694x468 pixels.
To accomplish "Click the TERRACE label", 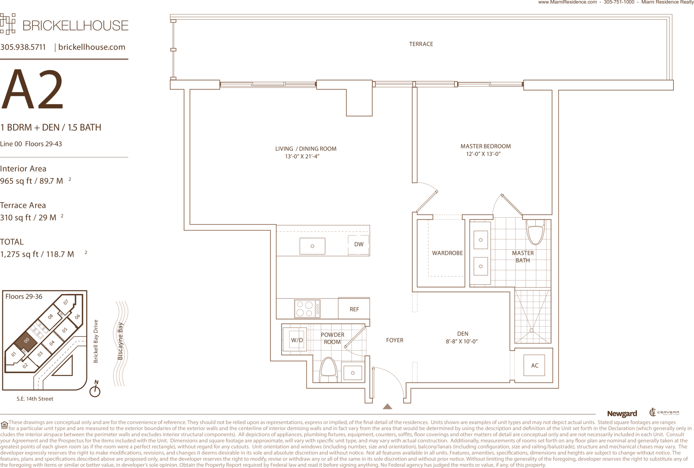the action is (x=421, y=44).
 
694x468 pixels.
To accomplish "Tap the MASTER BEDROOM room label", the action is (x=485, y=146).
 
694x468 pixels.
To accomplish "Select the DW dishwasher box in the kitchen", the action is (x=359, y=244).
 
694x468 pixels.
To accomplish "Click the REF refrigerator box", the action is (x=354, y=309).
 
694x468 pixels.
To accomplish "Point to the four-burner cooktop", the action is (x=307, y=309).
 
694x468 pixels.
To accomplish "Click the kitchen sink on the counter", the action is (x=312, y=246).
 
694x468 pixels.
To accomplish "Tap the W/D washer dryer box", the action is (x=297, y=340).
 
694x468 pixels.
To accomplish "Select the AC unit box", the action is (x=534, y=365).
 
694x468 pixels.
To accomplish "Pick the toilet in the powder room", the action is (x=329, y=370).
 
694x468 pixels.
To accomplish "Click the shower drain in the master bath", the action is (x=531, y=331).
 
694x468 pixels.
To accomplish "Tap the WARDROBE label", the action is (x=447, y=253).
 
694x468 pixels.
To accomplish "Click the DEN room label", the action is (x=463, y=334).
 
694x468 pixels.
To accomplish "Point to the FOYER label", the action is (x=395, y=340).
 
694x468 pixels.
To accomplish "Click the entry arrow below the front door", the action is (x=387, y=406).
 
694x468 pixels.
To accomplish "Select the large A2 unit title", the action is (x=32, y=90).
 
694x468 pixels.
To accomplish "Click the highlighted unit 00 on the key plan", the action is (x=26, y=341).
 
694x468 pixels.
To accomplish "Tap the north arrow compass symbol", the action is (x=95, y=389).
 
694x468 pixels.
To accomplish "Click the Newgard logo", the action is (x=622, y=414).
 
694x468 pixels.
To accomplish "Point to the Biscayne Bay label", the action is (x=120, y=341).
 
